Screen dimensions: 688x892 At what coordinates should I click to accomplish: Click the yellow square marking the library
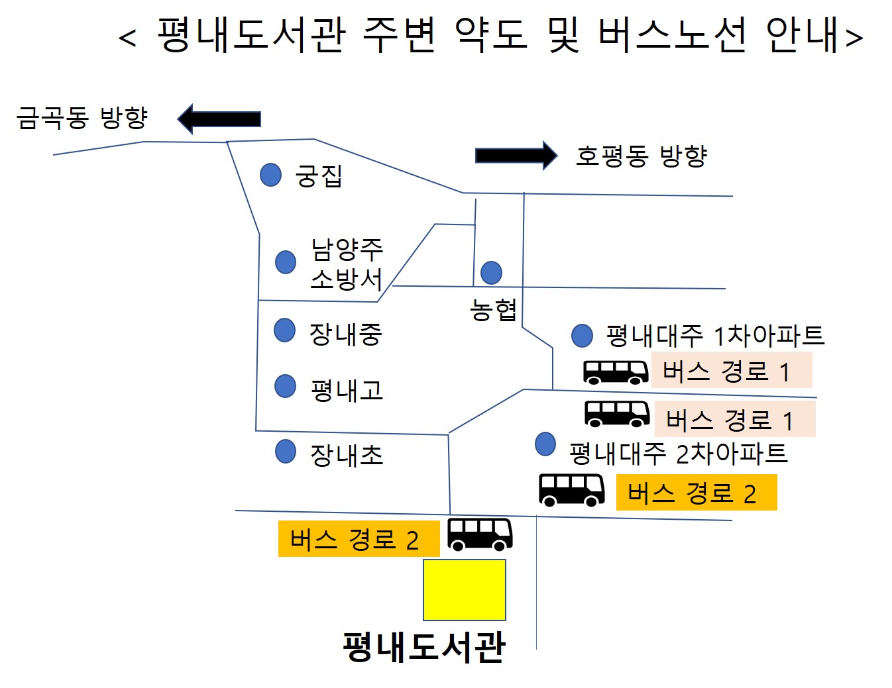[464, 589]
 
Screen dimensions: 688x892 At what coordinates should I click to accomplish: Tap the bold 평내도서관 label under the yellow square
[424, 646]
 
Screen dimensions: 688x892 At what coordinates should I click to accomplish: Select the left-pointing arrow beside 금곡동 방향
[219, 119]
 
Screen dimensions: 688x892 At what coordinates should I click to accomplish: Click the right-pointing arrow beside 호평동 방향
[516, 156]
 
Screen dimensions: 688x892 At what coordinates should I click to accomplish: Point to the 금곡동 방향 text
[82, 118]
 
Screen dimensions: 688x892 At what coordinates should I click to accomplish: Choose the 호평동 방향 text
[641, 156]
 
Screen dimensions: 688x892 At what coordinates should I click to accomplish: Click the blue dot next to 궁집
[270, 175]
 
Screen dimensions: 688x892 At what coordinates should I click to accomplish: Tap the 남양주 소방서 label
[347, 264]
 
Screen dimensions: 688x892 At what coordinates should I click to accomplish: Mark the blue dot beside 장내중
[284, 330]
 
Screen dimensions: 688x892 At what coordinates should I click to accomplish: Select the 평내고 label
[347, 390]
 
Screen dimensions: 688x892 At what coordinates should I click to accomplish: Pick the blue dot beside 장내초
[285, 452]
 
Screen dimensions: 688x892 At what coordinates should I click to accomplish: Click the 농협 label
[493, 310]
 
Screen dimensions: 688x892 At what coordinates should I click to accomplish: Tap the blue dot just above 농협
[491, 272]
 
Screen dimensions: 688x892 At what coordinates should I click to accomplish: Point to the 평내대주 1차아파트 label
[715, 336]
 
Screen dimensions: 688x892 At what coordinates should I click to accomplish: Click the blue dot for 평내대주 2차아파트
[545, 444]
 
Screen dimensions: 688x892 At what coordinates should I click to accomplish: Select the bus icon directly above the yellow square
[480, 534]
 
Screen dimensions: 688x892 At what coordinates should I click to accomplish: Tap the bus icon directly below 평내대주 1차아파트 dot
[616, 372]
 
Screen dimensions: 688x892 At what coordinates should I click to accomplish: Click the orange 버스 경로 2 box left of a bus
[359, 539]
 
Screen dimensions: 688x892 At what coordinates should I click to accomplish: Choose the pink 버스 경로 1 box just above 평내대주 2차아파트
[734, 419]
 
